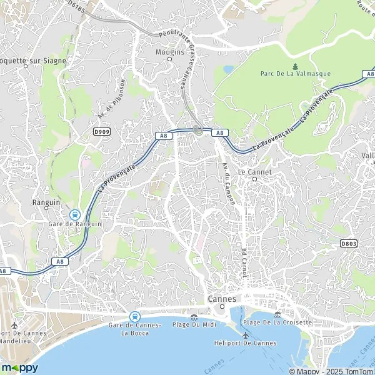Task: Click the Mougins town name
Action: (x=169, y=52)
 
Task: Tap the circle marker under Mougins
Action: (x=169, y=59)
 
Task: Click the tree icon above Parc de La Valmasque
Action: (x=294, y=66)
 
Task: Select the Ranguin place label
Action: (x=46, y=202)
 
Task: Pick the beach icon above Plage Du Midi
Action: (x=194, y=317)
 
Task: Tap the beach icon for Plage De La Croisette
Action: (x=277, y=314)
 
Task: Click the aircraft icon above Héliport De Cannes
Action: (x=245, y=335)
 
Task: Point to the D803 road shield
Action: (x=349, y=242)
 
